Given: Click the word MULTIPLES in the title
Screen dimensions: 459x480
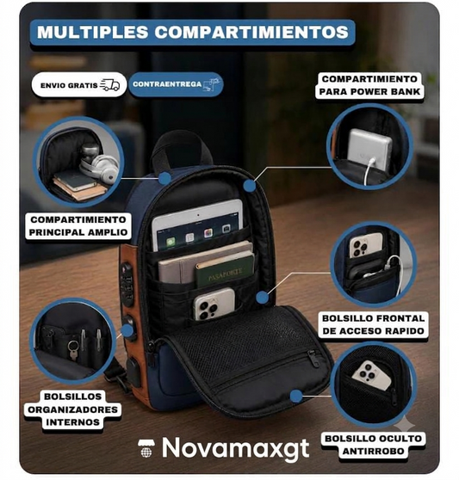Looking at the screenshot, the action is pyautogui.click(x=92, y=32).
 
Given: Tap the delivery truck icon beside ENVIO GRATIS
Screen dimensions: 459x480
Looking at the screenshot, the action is pyautogui.click(x=109, y=85).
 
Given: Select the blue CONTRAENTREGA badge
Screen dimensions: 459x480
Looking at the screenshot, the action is pyautogui.click(x=176, y=84).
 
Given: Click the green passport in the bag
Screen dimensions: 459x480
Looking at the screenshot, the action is pyautogui.click(x=225, y=271).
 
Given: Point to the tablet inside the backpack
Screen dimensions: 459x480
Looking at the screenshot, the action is pyautogui.click(x=197, y=225).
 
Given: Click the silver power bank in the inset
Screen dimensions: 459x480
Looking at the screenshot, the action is pyautogui.click(x=369, y=150).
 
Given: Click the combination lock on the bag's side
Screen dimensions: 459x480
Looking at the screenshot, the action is pyautogui.click(x=127, y=284).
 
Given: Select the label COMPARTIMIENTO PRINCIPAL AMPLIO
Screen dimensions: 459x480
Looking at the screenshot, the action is pyautogui.click(x=78, y=226).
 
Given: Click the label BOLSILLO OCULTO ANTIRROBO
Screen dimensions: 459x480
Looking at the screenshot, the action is pyautogui.click(x=373, y=445).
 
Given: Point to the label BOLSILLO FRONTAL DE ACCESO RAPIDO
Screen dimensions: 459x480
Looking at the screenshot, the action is pyautogui.click(x=373, y=325).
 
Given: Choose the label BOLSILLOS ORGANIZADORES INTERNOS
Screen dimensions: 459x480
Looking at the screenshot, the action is pyautogui.click(x=73, y=409).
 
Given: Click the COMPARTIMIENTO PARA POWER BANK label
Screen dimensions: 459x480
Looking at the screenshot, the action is pyautogui.click(x=369, y=85).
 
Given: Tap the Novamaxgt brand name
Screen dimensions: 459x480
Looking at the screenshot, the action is pyautogui.click(x=235, y=447).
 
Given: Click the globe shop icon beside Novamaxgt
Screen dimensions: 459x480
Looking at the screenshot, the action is pyautogui.click(x=146, y=448).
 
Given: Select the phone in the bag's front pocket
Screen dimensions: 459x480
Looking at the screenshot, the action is pyautogui.click(x=214, y=304).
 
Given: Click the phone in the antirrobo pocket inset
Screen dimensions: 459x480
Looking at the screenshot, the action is pyautogui.click(x=372, y=375).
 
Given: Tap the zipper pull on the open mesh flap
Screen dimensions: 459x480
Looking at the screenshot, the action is pyautogui.click(x=313, y=358).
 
